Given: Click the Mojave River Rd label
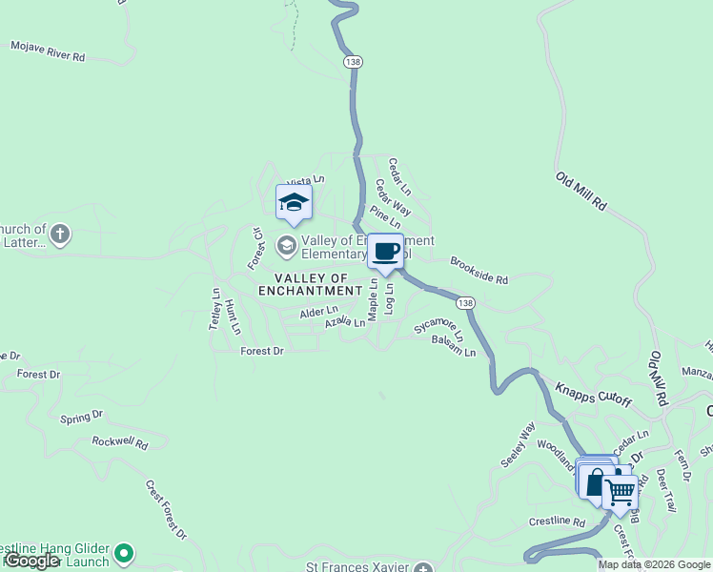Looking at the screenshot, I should pos(48,51).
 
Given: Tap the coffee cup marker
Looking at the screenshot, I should pos(385,252).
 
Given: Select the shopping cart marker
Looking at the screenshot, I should pos(620,492).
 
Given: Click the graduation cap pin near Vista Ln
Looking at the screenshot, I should pos(294,202).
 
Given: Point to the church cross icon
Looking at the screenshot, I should pos(60,234).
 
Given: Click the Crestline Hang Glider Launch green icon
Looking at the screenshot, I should pos(124,552).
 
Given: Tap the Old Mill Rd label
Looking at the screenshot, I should pos(581,191).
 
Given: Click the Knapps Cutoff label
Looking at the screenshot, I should pos(593,393).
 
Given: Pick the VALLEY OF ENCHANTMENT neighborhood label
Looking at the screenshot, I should pos(311,283).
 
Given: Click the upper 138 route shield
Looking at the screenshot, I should pos(355,62).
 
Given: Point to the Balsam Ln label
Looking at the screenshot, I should pos(453,346).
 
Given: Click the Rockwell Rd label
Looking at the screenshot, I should pos(120,442).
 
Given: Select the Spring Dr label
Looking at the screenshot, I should pos(81,417).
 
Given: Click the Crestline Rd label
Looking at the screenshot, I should pos(558,521).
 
